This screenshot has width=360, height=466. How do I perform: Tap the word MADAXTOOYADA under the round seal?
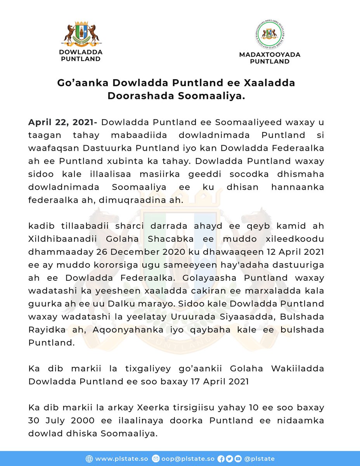pyautogui.click(x=269, y=55)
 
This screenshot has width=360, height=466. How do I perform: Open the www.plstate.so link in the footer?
pyautogui.click(x=121, y=459)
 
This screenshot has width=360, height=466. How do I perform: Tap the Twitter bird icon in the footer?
pyautogui.click(x=229, y=459)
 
